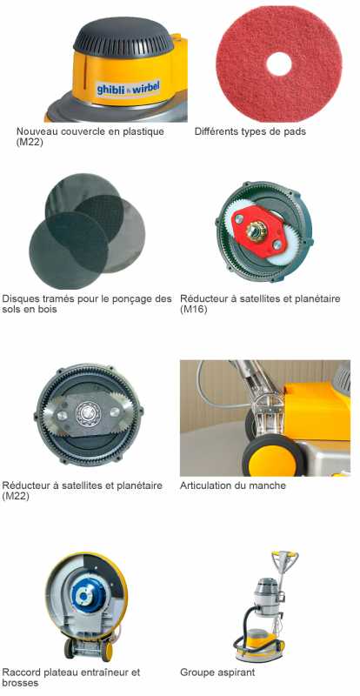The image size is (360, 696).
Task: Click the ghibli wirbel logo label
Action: (x=128, y=88)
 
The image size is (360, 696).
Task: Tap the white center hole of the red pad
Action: (x=279, y=64)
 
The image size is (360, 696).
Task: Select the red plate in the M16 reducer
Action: (x=257, y=231)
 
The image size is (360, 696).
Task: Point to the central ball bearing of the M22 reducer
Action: (x=88, y=414)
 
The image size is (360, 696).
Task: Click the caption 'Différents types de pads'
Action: (x=250, y=131)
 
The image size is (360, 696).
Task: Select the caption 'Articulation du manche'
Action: (x=232, y=485)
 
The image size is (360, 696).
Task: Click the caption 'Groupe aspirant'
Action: (x=217, y=673)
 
